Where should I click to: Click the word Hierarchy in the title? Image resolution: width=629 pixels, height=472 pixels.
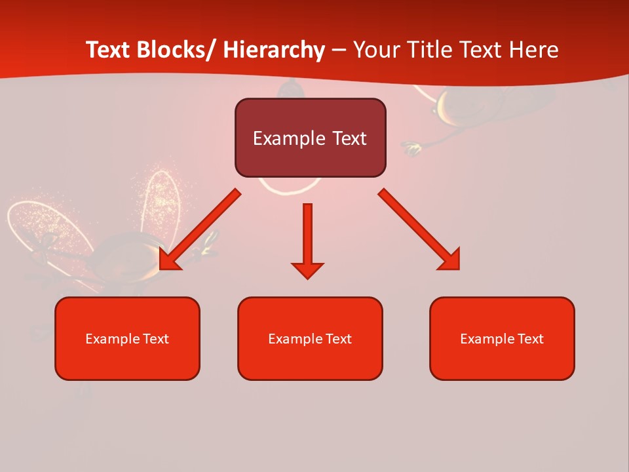click(x=274, y=50)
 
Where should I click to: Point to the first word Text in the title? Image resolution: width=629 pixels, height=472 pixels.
click(x=109, y=50)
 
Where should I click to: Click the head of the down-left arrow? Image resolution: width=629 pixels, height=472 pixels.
click(x=168, y=261)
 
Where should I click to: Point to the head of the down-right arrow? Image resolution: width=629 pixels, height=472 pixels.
click(x=451, y=260)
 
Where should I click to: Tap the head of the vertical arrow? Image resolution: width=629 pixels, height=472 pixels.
click(x=307, y=270)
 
